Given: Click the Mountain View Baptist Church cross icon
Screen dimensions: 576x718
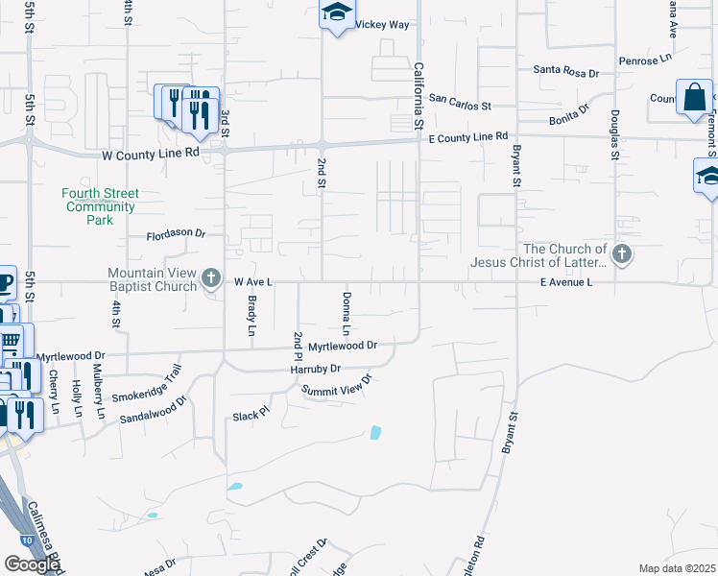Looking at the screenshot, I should pos(211,279).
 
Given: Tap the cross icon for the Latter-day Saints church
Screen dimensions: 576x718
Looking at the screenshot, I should pos(621,254).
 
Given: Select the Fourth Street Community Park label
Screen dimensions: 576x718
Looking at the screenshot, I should pos(100,206).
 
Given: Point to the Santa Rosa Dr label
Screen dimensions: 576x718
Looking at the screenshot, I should pos(565,71).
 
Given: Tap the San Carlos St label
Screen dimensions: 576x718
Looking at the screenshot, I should pos(460,100).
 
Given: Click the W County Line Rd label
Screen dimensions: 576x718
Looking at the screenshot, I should pos(152,153).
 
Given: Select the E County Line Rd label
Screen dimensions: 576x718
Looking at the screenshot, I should pos(467,137).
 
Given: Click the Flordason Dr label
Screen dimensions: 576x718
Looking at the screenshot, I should pos(176,233).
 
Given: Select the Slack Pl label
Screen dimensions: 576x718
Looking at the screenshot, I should pos(252,417).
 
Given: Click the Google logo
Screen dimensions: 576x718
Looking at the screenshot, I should pos(32,564).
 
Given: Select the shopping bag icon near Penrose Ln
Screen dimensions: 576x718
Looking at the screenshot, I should pos(694,97).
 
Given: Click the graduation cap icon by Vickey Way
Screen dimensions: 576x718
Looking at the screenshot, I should pos(337,12).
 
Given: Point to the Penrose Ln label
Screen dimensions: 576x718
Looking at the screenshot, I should pos(644,60).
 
